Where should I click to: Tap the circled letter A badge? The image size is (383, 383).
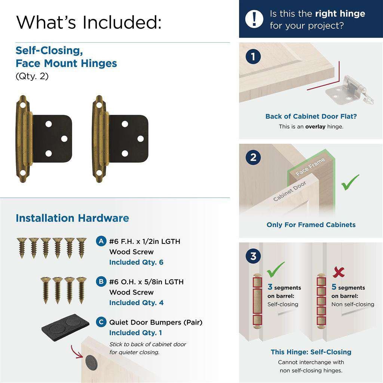tap(101, 241)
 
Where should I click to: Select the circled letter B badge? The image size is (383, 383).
tap(101, 282)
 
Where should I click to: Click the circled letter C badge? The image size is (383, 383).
tap(101, 322)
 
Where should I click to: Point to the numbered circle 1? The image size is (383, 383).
tap(253, 57)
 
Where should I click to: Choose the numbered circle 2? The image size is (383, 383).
tap(253, 157)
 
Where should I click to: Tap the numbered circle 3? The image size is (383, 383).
tap(253, 257)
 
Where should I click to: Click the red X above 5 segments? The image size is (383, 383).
tap(338, 272)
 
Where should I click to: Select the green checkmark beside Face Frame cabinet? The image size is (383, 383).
tap(350, 182)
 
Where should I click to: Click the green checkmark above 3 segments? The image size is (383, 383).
tap(276, 269)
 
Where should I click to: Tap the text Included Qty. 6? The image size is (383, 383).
tap(136, 262)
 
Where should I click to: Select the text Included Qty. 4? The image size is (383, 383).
tap(136, 303)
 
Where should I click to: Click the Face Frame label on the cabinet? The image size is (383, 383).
tap(310, 167)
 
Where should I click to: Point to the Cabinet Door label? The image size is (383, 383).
tap(289, 191)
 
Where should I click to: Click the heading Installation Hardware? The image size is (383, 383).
tap(72, 218)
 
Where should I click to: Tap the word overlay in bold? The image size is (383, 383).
tap(315, 126)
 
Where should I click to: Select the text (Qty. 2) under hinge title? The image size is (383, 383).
tap(32, 76)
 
